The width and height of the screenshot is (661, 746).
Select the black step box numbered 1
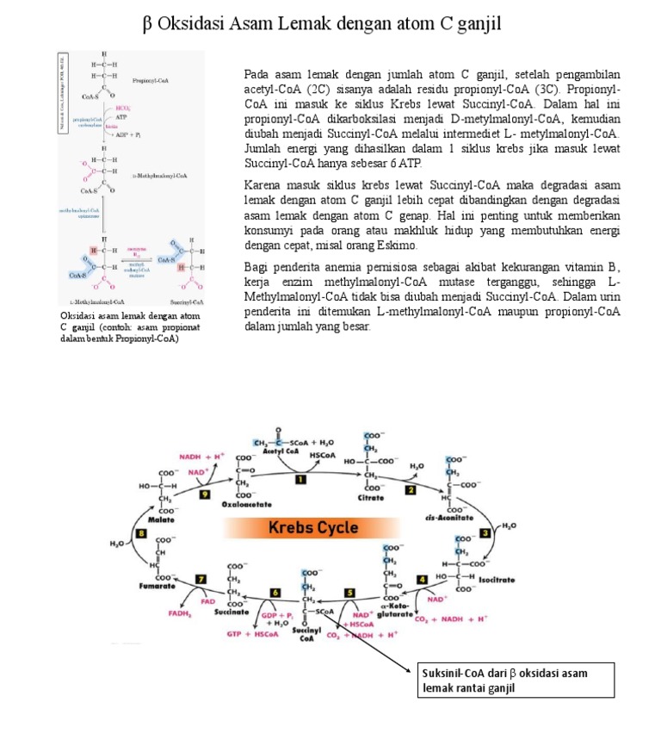pos(300,478)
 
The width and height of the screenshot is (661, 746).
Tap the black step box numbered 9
pos(204,494)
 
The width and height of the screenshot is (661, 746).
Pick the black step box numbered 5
pos(350,593)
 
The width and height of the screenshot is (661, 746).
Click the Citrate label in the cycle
pos(371,498)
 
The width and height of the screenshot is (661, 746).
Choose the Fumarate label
pos(158,586)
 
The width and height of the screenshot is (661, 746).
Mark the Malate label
pos(161,519)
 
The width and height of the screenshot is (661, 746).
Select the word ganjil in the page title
pos(478,25)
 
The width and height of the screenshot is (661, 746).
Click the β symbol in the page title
pos(147,25)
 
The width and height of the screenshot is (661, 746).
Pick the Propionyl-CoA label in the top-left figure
pos(151,80)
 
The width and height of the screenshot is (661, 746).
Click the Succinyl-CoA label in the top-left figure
pos(187,302)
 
